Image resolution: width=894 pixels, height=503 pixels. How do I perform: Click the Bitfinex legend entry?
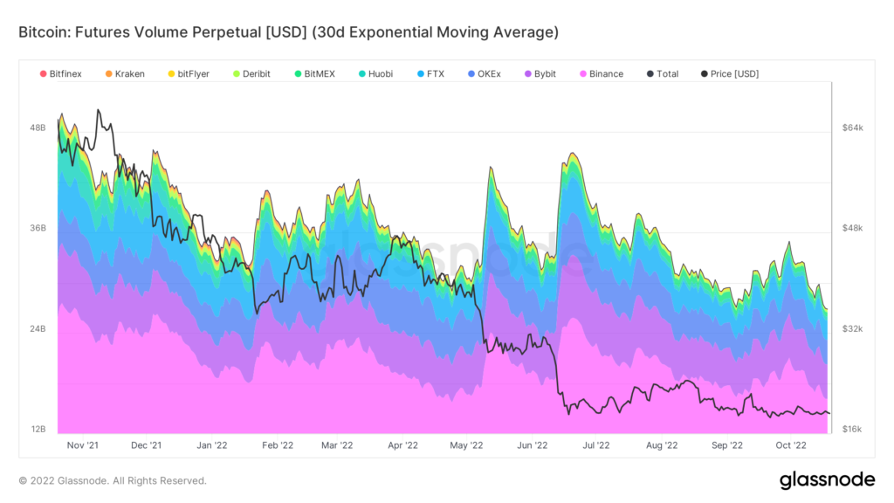61,74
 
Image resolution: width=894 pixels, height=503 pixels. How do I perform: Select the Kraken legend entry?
125,74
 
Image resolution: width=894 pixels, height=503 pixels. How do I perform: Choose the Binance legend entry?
601,74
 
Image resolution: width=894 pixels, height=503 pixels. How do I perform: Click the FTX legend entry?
430,74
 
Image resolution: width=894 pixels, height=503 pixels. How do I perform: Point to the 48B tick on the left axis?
38,127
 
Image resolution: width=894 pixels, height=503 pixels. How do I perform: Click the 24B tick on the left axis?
38,329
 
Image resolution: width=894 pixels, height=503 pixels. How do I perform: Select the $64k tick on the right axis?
852,127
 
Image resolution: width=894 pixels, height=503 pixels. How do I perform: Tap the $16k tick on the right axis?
852,430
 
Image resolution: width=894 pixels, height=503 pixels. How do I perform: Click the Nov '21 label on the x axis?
83,445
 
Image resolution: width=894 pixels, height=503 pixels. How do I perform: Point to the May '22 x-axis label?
466,445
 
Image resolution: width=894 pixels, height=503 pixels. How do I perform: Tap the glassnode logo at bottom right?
827,479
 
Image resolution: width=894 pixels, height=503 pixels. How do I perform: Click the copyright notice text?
113,480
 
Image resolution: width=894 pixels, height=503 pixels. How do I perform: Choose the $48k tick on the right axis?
852,229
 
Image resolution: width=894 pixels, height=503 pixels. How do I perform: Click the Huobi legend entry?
375,74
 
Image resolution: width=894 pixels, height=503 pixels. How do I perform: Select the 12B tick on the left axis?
38,430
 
